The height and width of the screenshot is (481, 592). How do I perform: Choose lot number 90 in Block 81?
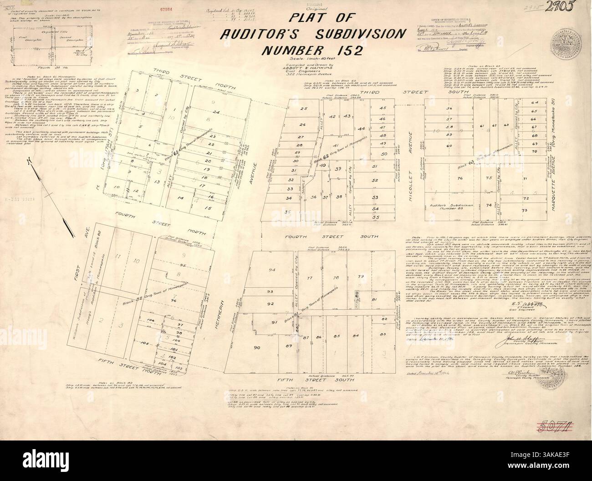click(x=257, y=348)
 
